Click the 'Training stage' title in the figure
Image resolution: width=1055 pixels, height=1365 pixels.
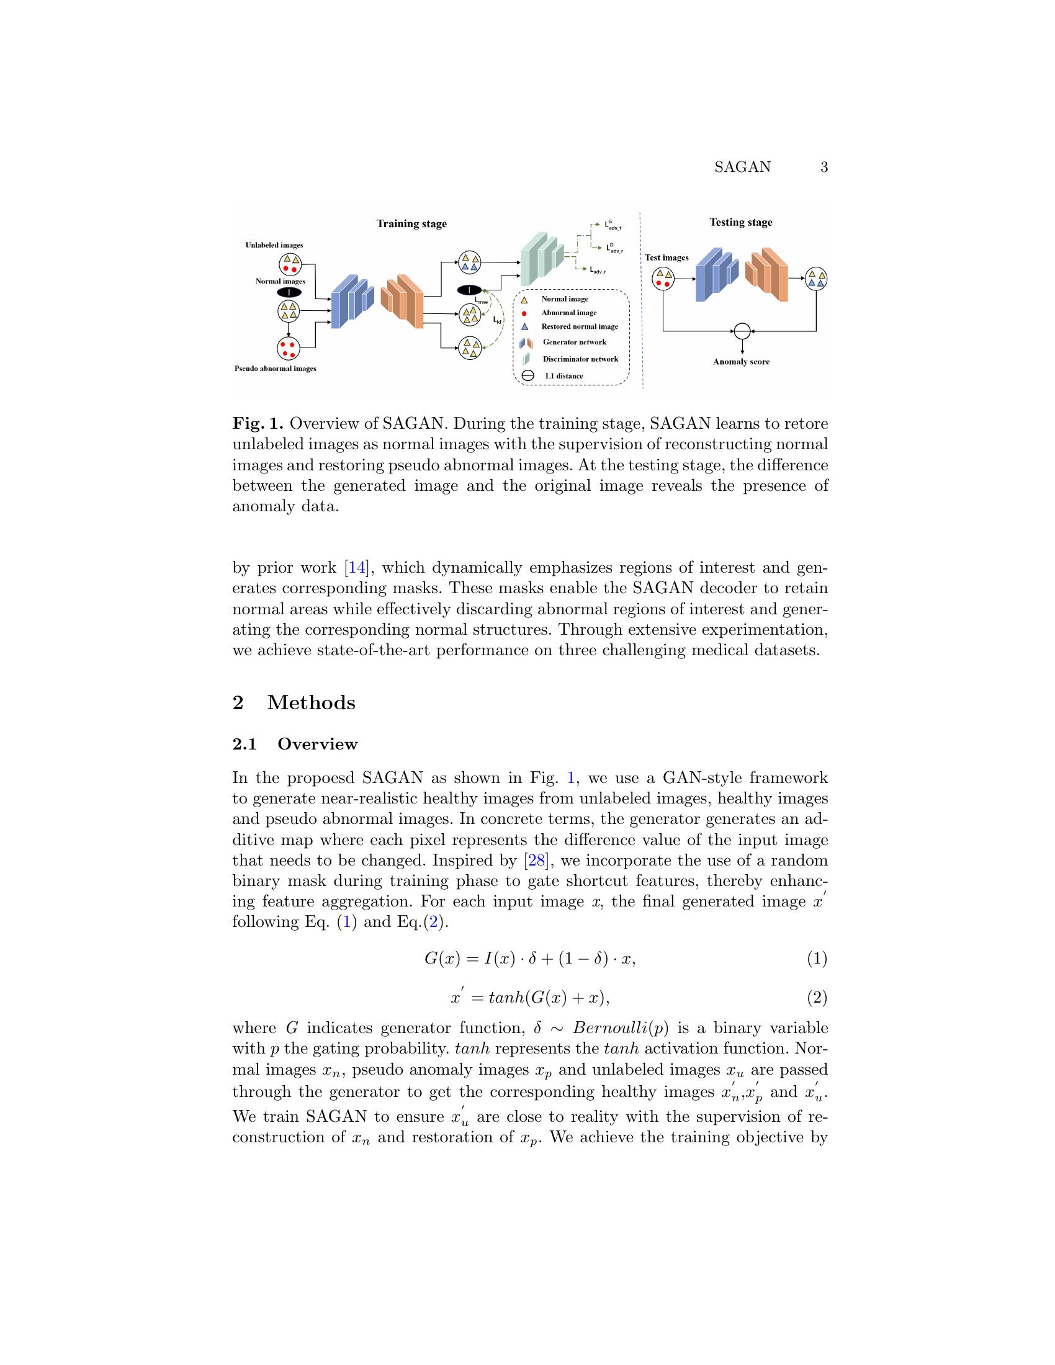tap(411, 224)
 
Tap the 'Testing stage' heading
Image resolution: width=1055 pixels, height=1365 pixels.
tap(740, 222)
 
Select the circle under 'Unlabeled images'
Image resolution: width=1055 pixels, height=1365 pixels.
tap(290, 264)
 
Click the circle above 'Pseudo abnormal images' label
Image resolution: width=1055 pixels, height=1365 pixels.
tap(288, 349)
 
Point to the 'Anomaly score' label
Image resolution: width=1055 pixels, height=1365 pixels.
tap(741, 362)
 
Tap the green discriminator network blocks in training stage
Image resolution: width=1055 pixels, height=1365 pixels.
tap(541, 255)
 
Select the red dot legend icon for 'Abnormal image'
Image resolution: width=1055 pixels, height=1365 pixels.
tap(524, 313)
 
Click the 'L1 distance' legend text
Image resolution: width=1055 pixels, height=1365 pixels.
tap(563, 376)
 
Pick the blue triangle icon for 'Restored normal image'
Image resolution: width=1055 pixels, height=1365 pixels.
tap(524, 327)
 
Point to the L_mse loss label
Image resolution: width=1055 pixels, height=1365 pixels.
tap(480, 302)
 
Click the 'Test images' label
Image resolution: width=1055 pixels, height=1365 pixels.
tap(667, 257)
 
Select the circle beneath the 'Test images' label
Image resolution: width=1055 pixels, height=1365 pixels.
tap(663, 279)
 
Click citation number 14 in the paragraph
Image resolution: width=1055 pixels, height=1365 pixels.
tap(356, 568)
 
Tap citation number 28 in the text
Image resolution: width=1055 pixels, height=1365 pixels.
tap(536, 861)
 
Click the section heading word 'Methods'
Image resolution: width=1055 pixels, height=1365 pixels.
tap(312, 702)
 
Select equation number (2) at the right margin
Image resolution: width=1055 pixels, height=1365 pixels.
tap(817, 998)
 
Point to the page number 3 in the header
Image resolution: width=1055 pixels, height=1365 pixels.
tap(824, 167)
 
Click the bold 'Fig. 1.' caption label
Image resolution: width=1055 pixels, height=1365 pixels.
tap(258, 424)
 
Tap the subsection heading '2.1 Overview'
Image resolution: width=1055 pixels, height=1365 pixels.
tap(295, 745)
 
